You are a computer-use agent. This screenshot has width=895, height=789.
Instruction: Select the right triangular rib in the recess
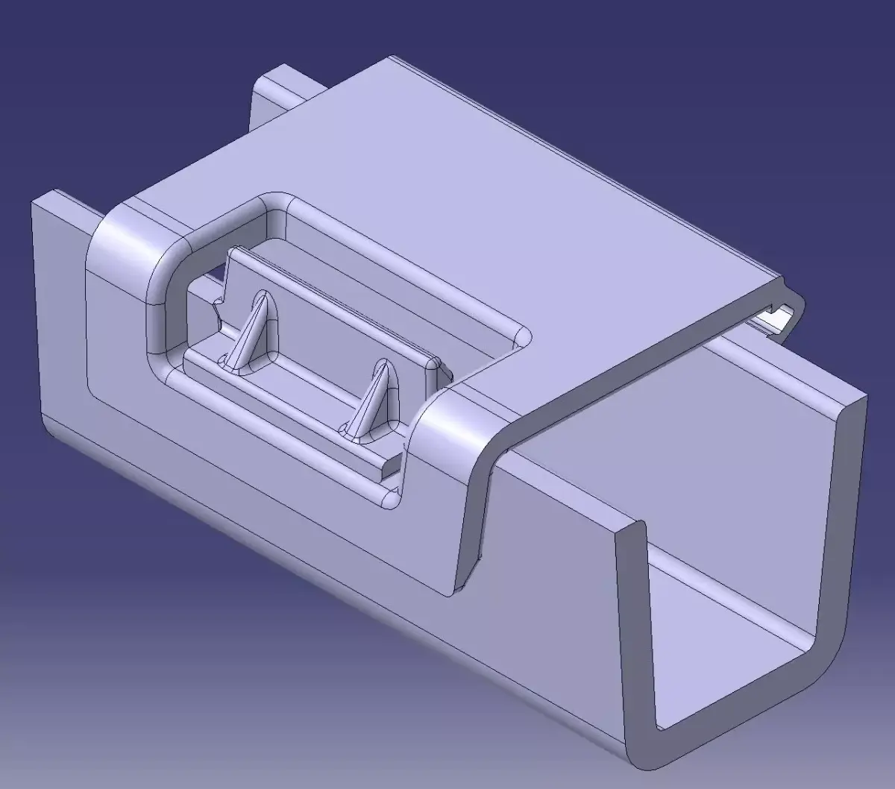[373, 399]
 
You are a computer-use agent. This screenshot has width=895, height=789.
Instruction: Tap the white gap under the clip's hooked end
[776, 319]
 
